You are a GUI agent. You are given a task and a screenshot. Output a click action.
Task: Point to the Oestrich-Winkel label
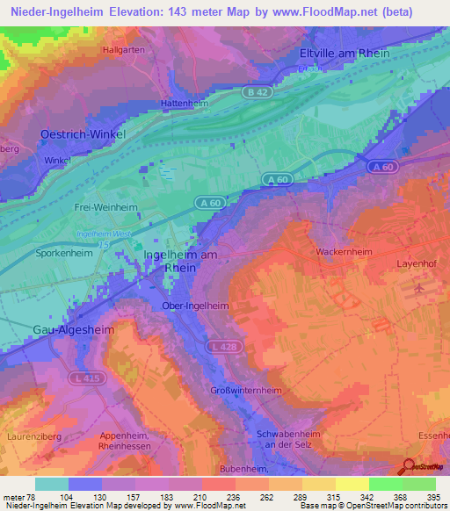tap(83, 133)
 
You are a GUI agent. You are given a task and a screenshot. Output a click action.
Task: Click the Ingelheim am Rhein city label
tap(179, 261)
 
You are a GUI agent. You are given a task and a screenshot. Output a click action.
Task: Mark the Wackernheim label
tap(344, 251)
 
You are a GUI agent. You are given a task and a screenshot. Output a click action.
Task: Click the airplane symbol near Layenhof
tap(419, 287)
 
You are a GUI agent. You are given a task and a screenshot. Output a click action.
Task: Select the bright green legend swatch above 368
tap(385, 484)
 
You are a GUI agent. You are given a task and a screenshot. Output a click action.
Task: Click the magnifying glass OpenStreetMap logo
tap(409, 466)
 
